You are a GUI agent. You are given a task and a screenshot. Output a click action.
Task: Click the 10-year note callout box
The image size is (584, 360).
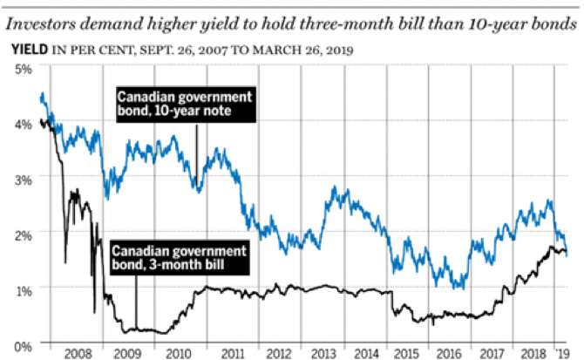coord(185,104)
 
